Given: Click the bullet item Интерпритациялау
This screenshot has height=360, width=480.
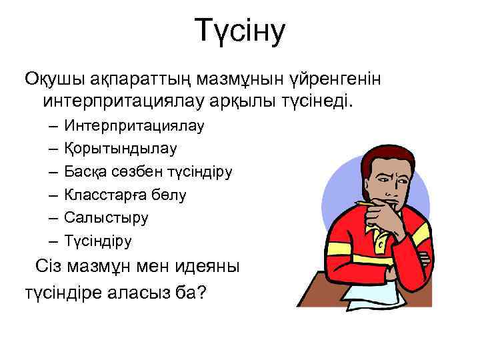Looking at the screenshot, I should click(135, 125).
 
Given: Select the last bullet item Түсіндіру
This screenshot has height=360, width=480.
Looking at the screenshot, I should click(98, 240).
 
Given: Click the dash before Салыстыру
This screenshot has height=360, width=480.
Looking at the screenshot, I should click(52, 217).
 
